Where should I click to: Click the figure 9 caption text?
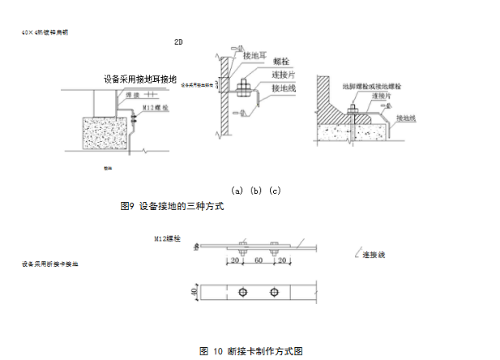(x=171, y=206)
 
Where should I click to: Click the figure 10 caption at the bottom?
(x=251, y=351)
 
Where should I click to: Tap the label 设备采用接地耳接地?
(x=140, y=79)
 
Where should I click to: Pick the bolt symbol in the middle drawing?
(x=245, y=84)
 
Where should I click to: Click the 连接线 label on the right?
(x=373, y=255)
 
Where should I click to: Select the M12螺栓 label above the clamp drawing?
(x=168, y=239)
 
